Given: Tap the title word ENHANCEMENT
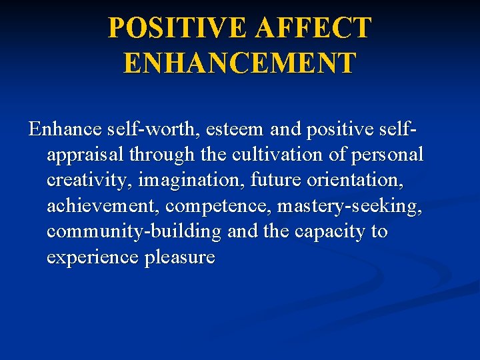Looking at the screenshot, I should tap(239, 63).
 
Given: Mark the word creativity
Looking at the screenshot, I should tap(85, 181).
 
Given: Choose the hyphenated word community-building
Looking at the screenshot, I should tap(133, 232).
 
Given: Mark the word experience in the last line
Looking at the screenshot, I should tap(93, 258).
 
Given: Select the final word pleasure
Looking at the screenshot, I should tap(179, 258).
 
